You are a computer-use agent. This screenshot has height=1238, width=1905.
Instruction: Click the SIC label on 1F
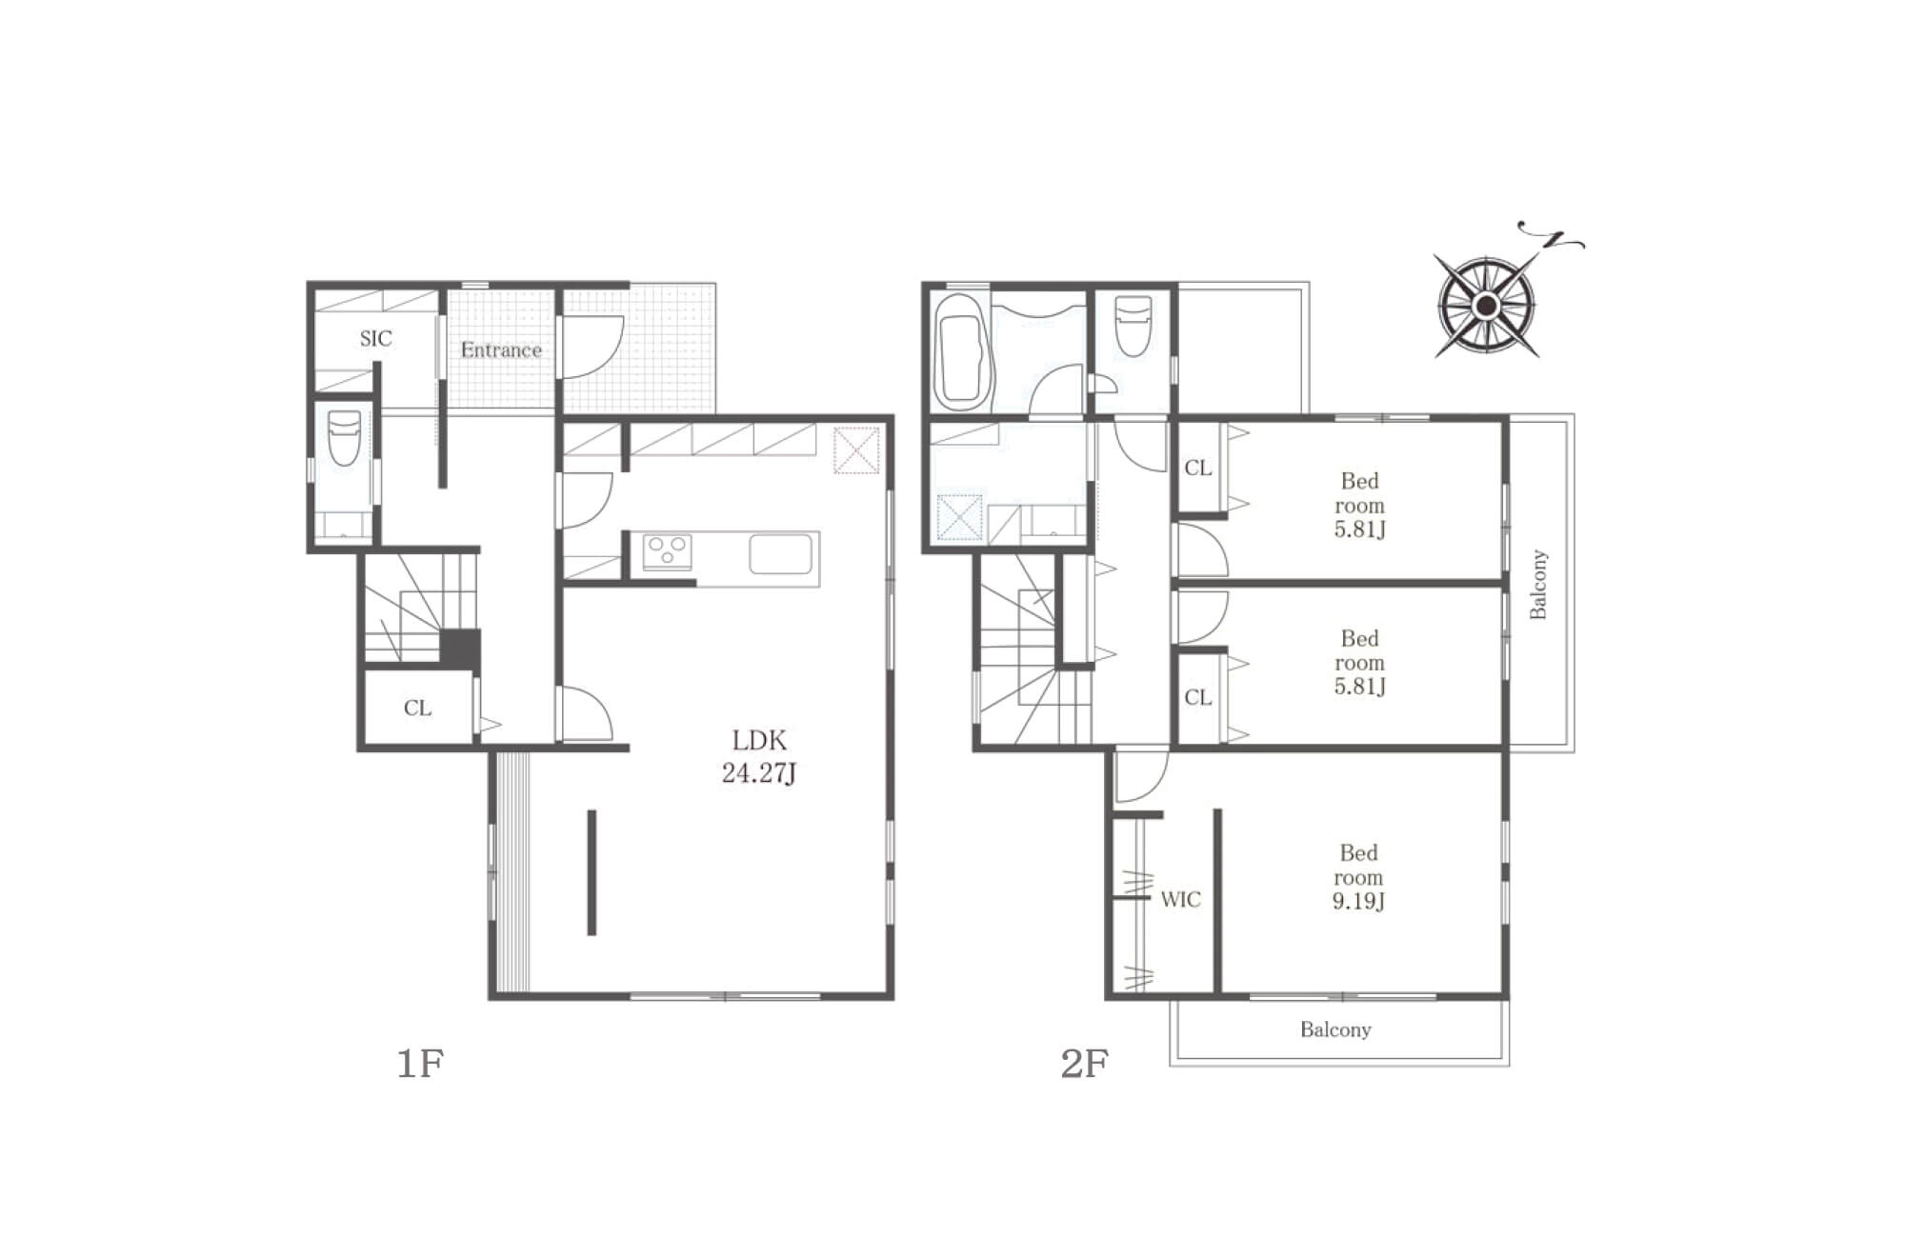pos(375,338)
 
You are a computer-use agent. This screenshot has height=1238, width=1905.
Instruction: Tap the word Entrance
pos(501,349)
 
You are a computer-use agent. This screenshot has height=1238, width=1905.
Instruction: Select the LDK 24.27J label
pos(759,756)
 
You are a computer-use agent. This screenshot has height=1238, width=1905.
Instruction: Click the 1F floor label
pos(420,1063)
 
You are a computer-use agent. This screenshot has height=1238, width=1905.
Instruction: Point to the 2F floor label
pos(1084,1063)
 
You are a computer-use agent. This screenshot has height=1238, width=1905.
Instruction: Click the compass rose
pos(1486,306)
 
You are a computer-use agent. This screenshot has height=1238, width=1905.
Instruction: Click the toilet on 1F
pos(344,437)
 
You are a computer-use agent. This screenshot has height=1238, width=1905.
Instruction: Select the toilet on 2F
pos(1133,326)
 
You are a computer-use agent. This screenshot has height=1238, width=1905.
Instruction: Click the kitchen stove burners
pos(667,551)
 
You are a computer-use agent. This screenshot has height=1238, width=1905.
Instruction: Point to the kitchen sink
pos(781,554)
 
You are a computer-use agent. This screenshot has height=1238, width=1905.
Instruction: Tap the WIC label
pos(1180,899)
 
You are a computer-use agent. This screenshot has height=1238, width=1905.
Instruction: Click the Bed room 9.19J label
pos(1358,876)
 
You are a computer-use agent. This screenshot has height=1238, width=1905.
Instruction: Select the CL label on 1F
pos(417,708)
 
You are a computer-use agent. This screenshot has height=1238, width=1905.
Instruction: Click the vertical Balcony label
pos(1538,584)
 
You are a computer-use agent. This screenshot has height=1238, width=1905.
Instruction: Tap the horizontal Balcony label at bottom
pos(1335,1029)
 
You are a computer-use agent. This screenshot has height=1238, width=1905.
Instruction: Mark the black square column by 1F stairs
pos(460,650)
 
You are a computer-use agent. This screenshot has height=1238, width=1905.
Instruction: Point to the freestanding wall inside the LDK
pos(592,872)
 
